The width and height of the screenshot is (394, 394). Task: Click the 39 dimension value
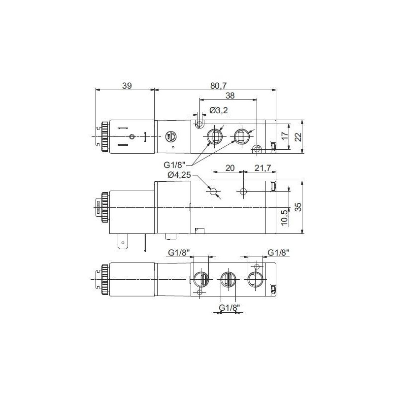(127, 85)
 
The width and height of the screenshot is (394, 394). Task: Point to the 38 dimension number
(230, 96)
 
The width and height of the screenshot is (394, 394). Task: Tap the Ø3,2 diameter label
(218, 110)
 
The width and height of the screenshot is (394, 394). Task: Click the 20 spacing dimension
(229, 167)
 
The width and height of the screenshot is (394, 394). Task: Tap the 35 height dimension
(297, 207)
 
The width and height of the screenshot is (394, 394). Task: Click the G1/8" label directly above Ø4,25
(175, 164)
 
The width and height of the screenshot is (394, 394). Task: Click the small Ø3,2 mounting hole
(199, 125)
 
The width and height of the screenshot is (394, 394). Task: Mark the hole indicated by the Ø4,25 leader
(214, 192)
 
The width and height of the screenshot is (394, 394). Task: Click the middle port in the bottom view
(228, 279)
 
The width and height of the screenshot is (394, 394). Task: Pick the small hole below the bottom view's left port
(199, 293)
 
